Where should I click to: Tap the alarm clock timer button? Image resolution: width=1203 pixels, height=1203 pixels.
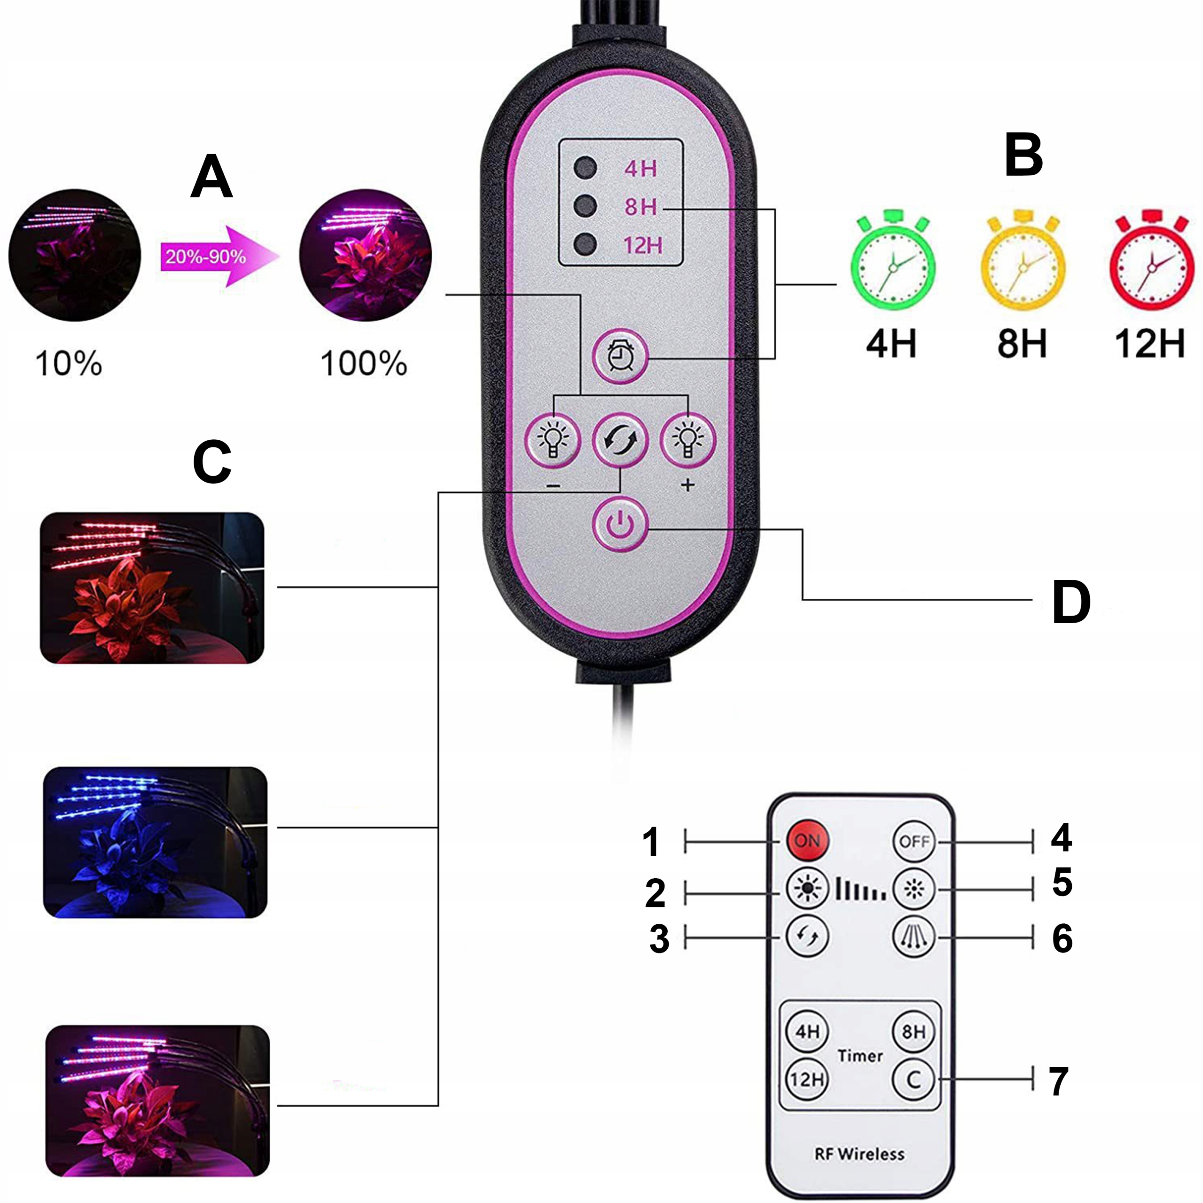point(619,356)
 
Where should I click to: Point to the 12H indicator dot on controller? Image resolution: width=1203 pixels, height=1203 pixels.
point(586,244)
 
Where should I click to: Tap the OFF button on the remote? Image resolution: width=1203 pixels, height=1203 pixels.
point(914,841)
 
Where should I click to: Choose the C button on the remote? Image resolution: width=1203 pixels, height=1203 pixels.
point(914,1078)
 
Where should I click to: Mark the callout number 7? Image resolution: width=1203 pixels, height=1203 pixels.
point(1059,1082)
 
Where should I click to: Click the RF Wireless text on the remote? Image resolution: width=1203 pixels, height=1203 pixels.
point(859,1154)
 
